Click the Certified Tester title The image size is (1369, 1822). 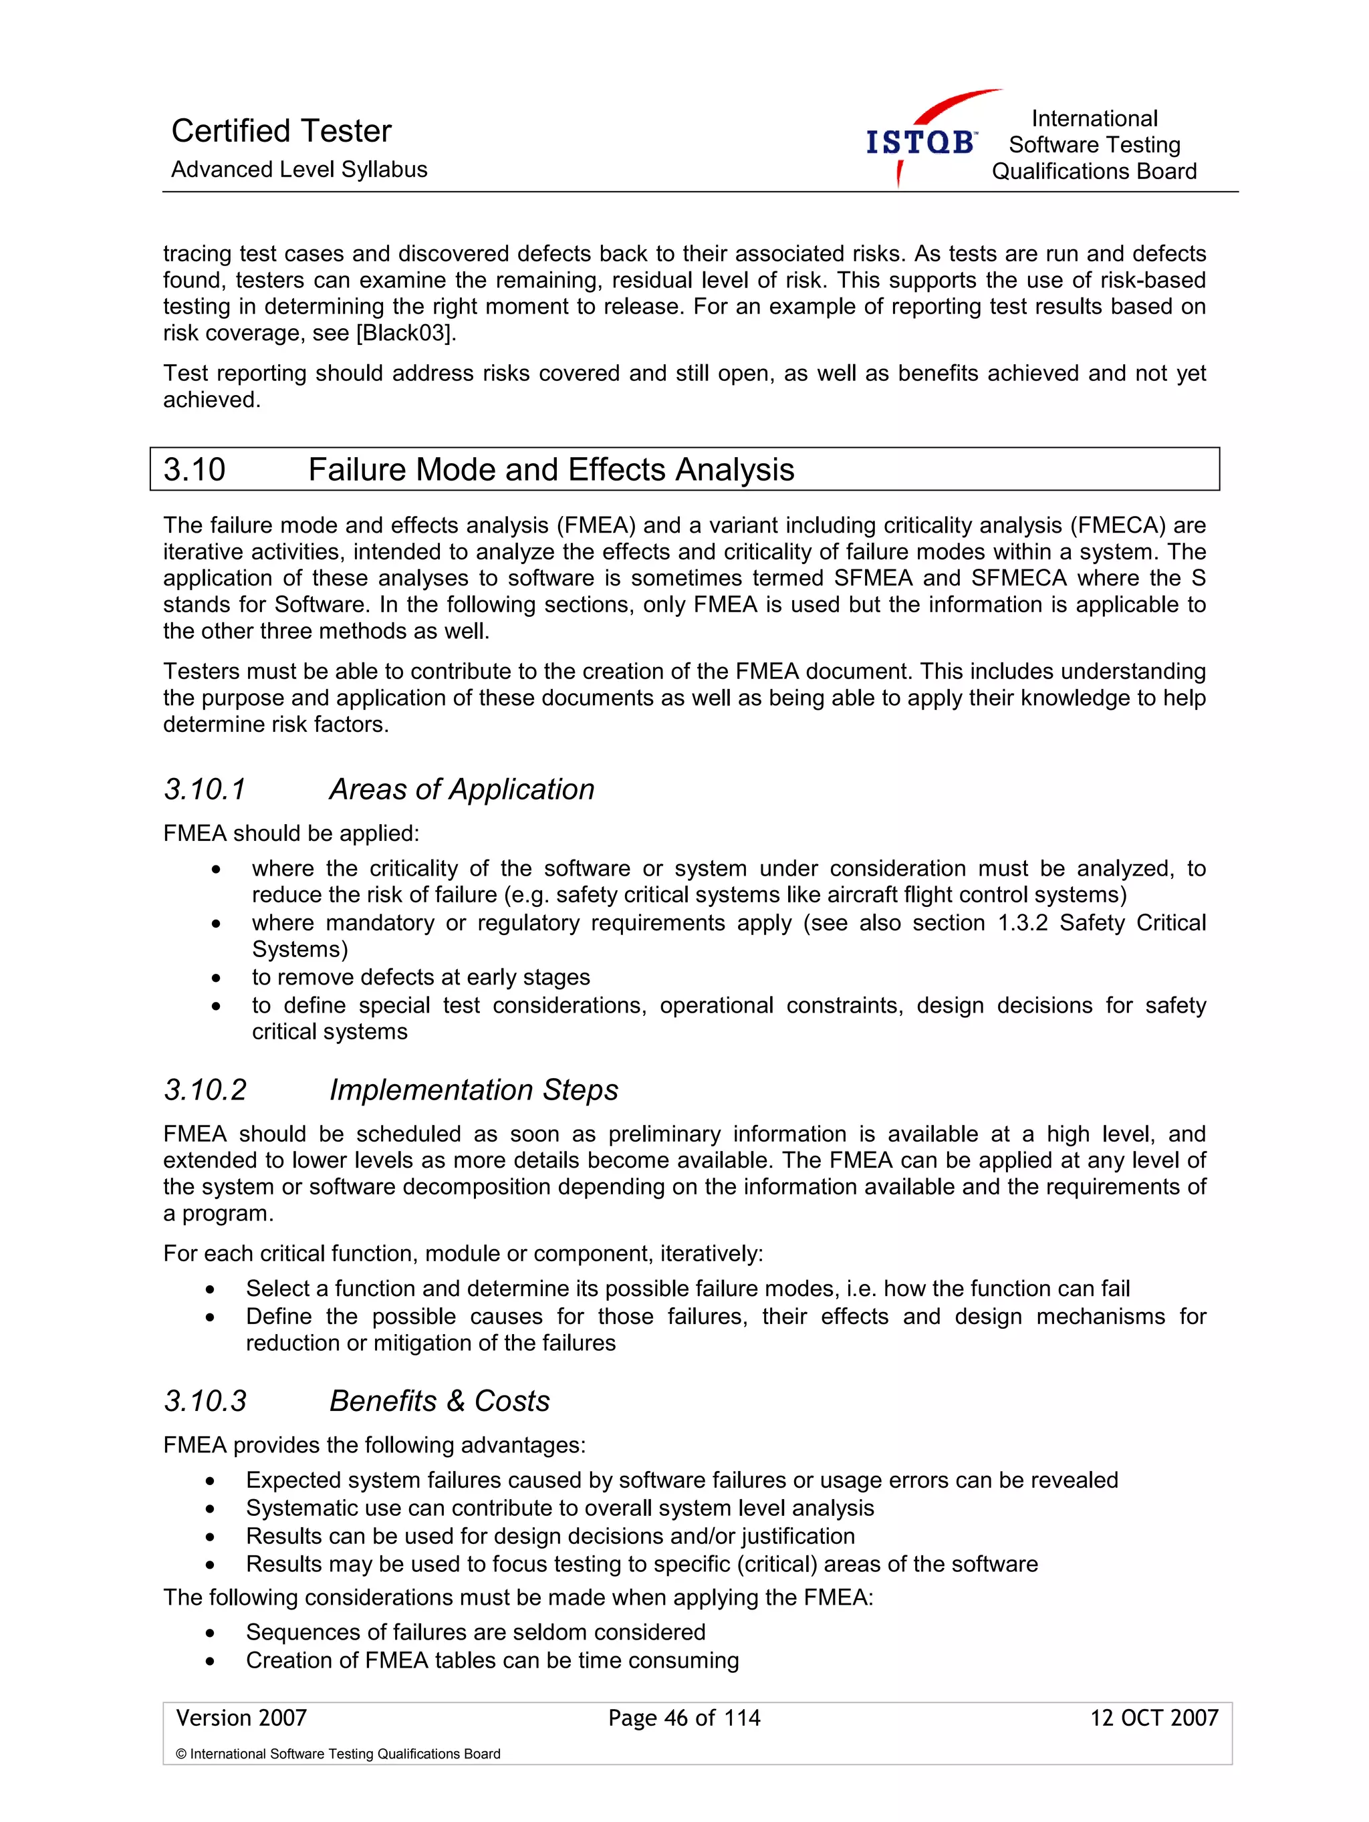point(281,131)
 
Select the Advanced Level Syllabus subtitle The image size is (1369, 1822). point(299,170)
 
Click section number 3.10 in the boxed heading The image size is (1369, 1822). point(195,469)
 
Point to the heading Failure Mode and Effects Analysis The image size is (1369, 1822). point(550,469)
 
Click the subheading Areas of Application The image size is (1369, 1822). point(461,789)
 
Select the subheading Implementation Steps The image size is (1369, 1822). point(474,1089)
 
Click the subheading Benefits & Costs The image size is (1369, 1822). point(439,1401)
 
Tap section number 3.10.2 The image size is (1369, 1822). point(205,1089)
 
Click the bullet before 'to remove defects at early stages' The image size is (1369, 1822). point(216,979)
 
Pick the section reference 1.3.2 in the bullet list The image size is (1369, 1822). point(1022,922)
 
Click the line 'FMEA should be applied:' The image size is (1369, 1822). point(291,833)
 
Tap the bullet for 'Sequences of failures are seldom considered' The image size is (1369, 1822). point(211,1634)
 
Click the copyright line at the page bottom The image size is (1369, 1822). point(338,1754)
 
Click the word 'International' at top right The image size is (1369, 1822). point(1094,118)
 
